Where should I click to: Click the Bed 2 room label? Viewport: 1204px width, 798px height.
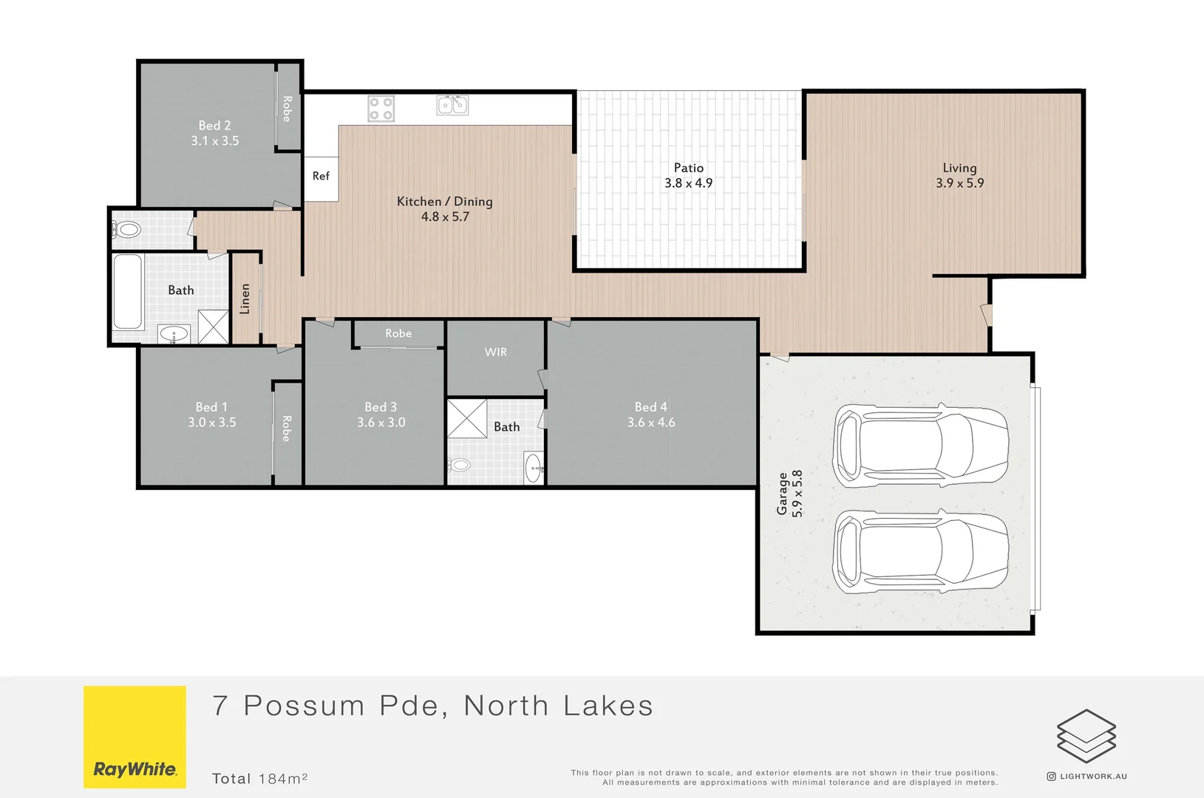click(x=214, y=126)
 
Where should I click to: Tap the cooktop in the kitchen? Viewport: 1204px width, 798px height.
click(x=381, y=109)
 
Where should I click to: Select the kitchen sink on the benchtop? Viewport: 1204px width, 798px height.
click(x=452, y=105)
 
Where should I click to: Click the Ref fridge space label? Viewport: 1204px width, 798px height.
click(x=321, y=176)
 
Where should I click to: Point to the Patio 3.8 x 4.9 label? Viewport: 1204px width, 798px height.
click(x=688, y=176)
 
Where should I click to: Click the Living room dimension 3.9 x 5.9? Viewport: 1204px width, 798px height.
click(x=959, y=183)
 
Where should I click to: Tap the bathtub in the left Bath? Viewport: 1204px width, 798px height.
click(x=128, y=291)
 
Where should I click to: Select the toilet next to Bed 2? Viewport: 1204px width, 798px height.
click(x=128, y=230)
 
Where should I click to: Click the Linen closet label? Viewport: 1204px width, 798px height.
click(x=245, y=299)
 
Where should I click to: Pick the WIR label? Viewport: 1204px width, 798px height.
click(x=495, y=352)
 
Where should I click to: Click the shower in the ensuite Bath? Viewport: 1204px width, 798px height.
click(x=467, y=418)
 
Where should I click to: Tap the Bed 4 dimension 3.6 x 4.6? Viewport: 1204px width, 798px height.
click(x=650, y=423)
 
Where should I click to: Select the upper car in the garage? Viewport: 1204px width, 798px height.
click(x=920, y=446)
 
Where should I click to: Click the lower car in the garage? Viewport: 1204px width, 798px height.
click(x=920, y=551)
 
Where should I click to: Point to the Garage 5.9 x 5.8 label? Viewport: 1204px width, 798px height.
click(x=789, y=494)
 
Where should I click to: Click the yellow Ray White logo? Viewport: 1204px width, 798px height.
click(x=135, y=737)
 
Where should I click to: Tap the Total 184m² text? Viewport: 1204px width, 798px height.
click(x=259, y=778)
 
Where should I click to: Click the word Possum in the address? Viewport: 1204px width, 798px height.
click(x=304, y=706)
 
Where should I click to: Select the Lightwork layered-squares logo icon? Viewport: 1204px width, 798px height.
click(x=1086, y=736)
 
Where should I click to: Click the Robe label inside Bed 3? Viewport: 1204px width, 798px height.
click(x=398, y=333)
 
